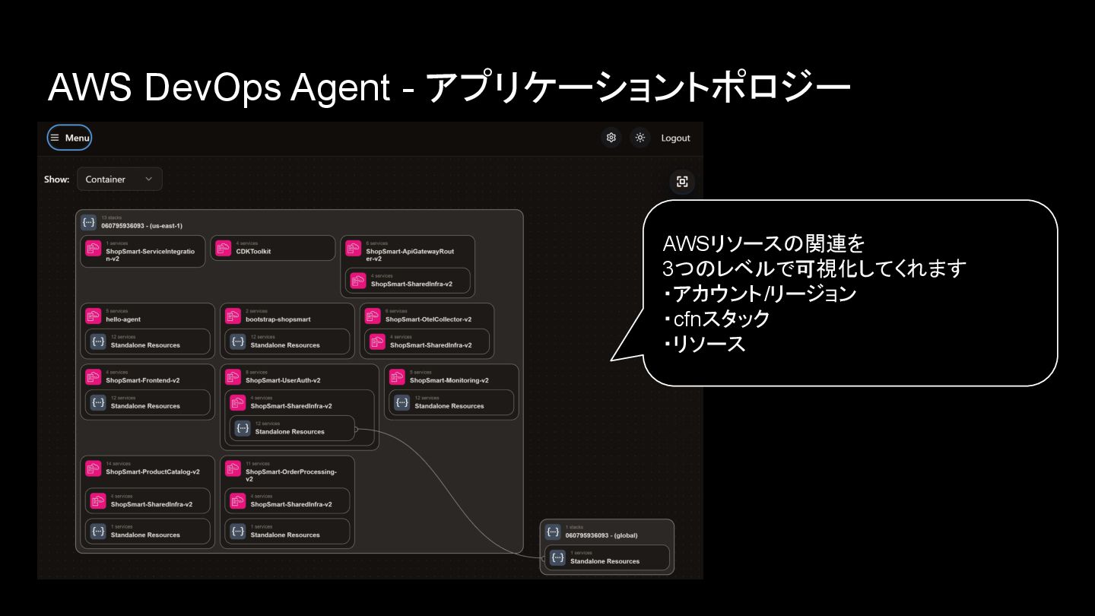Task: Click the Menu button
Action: coord(69,138)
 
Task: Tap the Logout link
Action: coord(675,138)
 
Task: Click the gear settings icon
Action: coord(611,138)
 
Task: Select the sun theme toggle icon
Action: coord(640,138)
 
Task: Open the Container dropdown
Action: coord(119,179)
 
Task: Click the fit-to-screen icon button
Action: coord(682,181)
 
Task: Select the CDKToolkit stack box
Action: coord(272,249)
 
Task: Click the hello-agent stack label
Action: coord(123,319)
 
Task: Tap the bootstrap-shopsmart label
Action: coord(278,319)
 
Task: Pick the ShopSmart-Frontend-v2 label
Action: coord(143,380)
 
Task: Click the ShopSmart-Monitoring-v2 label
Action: coord(449,380)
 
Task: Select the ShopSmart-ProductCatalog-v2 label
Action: coord(153,472)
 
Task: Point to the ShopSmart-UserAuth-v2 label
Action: coord(283,380)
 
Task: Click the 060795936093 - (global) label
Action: coord(604,535)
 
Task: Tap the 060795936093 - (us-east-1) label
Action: coord(141,226)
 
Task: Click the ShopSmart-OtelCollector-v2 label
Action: coord(428,319)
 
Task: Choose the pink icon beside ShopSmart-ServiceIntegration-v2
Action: coord(94,249)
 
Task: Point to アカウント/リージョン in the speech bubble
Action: coord(763,294)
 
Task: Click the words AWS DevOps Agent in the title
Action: coord(218,89)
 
